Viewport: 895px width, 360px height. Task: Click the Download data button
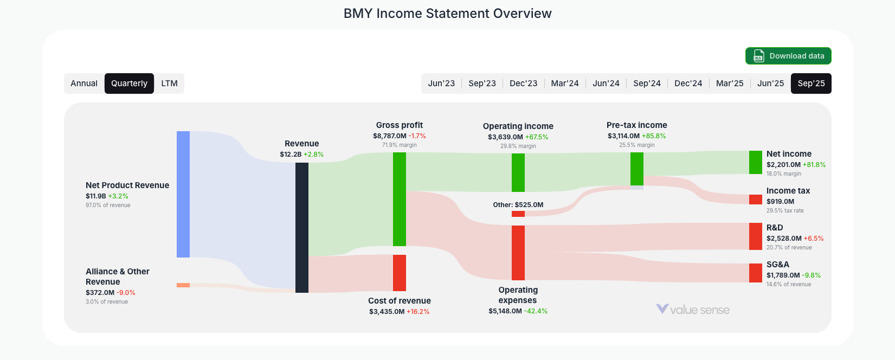point(788,56)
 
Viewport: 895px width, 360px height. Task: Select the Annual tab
point(84,83)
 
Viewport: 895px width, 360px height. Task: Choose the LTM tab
point(169,83)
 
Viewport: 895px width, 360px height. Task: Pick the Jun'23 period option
point(441,83)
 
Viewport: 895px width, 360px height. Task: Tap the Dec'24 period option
point(688,83)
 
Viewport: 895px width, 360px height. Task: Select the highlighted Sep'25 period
point(811,83)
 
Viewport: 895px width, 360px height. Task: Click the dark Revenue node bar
point(302,227)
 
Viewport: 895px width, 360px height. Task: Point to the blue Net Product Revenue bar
point(183,194)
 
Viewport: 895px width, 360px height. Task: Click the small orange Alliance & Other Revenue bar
point(183,285)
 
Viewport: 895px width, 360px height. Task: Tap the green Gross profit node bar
point(400,199)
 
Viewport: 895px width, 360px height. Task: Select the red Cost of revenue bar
point(400,273)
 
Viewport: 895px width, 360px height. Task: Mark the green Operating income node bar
point(518,172)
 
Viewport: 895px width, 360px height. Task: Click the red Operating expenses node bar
point(518,253)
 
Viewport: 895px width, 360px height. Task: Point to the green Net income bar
point(756,162)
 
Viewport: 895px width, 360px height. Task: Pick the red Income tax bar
point(756,200)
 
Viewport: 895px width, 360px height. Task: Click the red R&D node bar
point(756,236)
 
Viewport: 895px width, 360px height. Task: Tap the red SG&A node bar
point(756,273)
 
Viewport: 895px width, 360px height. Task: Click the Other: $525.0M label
point(518,205)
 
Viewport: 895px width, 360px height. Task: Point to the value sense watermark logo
point(693,310)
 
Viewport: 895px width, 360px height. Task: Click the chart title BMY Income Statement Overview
point(447,14)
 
